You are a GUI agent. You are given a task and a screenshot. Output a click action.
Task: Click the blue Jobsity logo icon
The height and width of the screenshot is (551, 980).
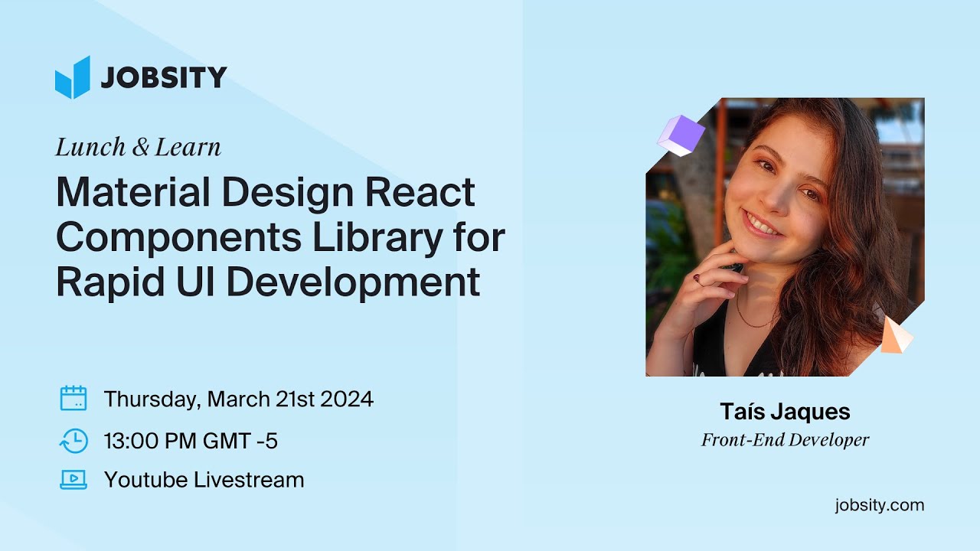(73, 77)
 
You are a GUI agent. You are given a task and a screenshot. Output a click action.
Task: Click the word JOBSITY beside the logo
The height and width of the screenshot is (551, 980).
(163, 78)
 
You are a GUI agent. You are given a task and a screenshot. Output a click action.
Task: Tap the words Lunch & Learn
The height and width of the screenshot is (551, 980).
(138, 148)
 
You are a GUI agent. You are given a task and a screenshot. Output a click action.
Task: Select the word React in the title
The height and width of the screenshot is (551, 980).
(420, 193)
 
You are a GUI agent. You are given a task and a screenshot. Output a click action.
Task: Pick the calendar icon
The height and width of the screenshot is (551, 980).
(73, 399)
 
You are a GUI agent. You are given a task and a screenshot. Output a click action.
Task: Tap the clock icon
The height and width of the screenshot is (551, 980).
(73, 440)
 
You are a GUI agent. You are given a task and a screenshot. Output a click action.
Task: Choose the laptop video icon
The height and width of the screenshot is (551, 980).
(73, 480)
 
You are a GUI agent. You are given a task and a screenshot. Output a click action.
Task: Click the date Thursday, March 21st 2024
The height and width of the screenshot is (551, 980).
(239, 399)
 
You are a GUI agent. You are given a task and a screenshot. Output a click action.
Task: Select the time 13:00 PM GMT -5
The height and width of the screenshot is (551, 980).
(191, 441)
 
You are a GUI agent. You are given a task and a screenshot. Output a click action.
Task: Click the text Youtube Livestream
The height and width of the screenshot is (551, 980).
(204, 480)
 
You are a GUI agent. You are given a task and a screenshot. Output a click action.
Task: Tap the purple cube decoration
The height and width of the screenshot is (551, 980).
(681, 135)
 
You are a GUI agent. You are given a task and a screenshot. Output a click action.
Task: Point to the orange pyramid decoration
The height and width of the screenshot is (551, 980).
(894, 335)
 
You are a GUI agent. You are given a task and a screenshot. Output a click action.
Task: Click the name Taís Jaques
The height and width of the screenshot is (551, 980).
(785, 412)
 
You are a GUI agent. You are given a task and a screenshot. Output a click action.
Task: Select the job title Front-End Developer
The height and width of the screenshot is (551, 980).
(785, 440)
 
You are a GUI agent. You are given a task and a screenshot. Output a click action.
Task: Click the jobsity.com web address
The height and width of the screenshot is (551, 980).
(880, 505)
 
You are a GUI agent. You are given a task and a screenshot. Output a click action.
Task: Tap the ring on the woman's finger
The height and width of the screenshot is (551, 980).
(697, 279)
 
